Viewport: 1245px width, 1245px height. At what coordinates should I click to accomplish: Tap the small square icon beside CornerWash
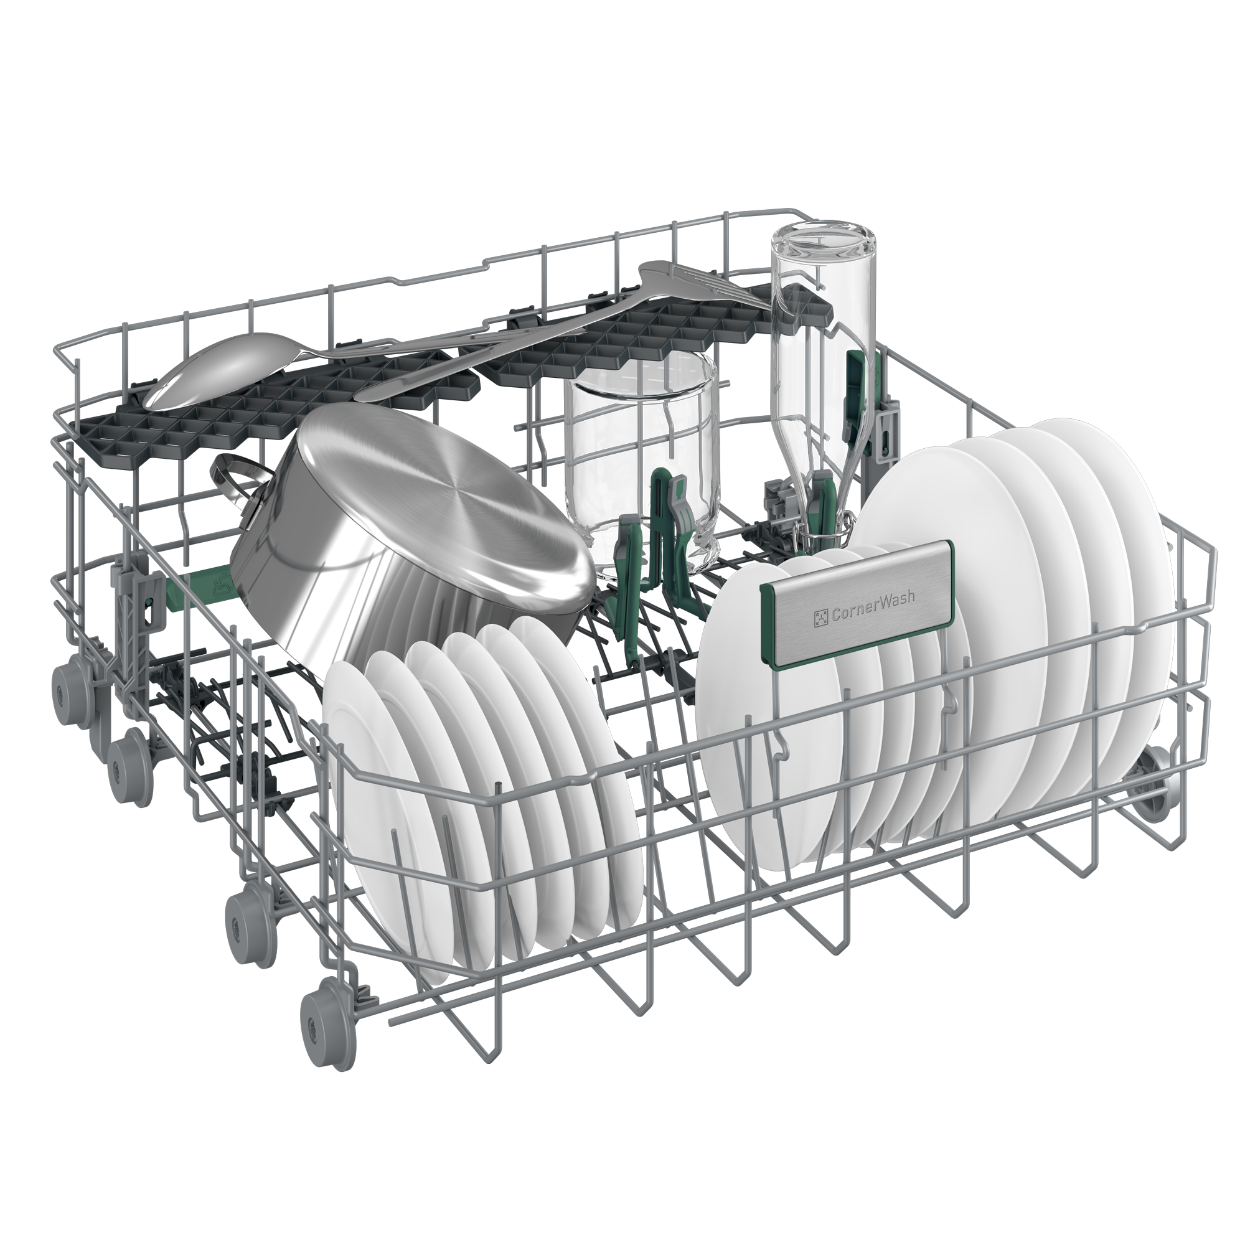pos(820,618)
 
